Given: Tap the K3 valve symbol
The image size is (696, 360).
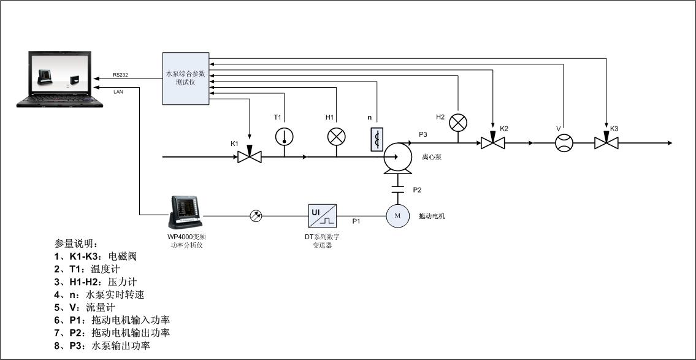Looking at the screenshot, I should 605,143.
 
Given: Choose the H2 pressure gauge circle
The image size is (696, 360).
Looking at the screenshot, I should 459,123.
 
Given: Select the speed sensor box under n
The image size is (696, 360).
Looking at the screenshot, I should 378,139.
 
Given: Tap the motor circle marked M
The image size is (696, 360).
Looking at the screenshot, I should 397,215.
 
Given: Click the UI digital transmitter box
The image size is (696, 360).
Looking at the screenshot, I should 323,215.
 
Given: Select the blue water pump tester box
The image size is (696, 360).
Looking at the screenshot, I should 186,77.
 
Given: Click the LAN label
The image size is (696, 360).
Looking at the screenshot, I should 118,92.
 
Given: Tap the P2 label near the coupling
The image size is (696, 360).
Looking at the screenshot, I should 417,190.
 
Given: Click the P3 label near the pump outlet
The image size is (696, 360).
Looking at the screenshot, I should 423,134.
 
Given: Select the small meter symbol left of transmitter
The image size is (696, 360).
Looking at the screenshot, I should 256,215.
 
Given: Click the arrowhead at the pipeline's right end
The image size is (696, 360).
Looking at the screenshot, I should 669,143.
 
